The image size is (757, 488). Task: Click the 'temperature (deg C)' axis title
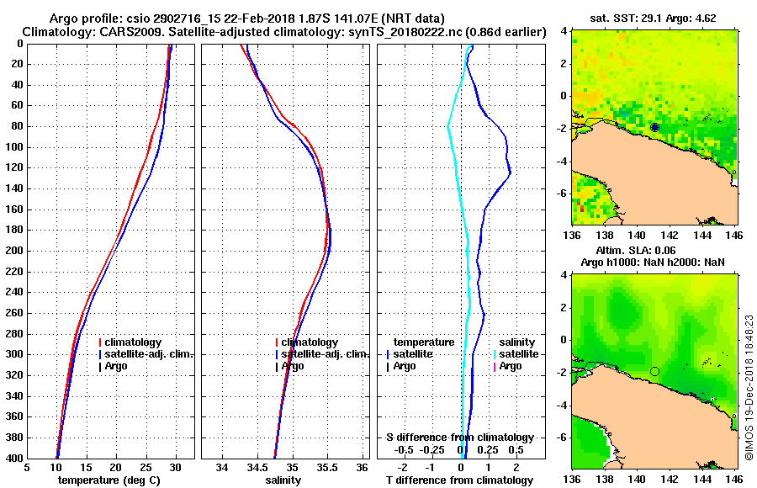[109, 480]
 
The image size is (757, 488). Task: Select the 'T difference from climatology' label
[459, 480]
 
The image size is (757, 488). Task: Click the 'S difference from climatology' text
[459, 438]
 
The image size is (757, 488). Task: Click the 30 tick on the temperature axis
[175, 468]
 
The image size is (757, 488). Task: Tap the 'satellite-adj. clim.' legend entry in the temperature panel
[149, 354]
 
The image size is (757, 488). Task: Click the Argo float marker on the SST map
[654, 127]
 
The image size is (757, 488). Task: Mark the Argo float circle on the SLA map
[654, 371]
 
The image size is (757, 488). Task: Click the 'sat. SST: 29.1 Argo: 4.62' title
[655, 17]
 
